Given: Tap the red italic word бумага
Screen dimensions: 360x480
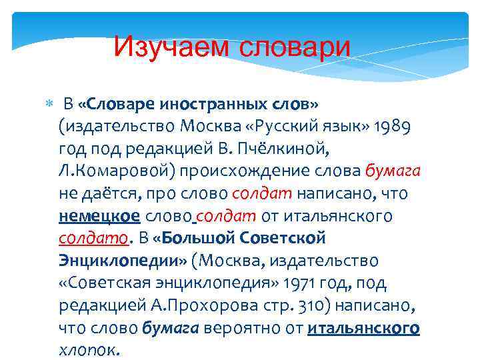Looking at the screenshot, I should click(393, 171).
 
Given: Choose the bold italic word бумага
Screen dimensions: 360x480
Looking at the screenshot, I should click(171, 328).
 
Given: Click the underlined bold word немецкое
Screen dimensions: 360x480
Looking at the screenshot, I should click(99, 216).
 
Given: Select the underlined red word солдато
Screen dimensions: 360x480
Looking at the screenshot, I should click(94, 238).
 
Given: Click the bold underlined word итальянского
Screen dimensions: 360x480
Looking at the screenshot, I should click(363, 328).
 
